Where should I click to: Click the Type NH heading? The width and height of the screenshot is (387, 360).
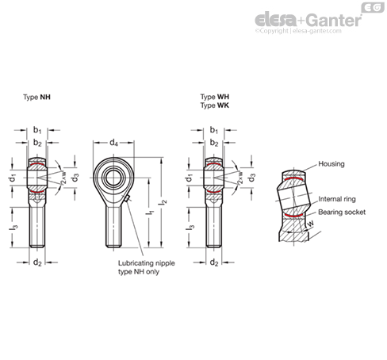(36, 98)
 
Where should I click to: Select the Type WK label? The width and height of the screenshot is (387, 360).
(215, 105)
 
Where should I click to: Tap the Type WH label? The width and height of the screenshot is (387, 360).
(215, 97)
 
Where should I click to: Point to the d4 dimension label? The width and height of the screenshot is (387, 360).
(113, 143)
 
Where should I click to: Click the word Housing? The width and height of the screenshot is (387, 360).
(331, 164)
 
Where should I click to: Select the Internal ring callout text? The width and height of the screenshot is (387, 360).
(337, 199)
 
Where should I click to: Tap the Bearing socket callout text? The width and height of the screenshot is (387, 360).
(342, 213)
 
